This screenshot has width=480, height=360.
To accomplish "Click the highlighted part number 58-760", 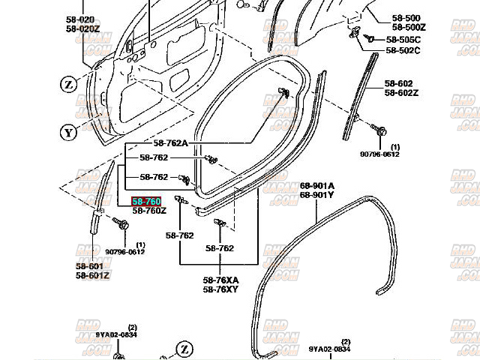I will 146,202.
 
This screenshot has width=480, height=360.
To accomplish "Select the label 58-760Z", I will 148,211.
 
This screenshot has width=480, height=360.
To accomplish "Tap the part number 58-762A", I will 170,143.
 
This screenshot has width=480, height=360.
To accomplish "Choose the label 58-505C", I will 403,40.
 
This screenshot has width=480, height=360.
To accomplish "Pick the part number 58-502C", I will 403,50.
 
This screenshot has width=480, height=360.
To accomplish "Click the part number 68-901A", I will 317,186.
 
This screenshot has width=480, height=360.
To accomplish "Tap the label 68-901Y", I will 317,195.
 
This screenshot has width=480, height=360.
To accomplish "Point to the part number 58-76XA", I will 220,280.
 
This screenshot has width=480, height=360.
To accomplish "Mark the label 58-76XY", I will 220,289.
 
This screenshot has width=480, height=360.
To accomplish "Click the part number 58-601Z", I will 92,275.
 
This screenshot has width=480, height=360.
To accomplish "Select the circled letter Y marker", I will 69,133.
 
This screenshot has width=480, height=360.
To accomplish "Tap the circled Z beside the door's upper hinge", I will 69,85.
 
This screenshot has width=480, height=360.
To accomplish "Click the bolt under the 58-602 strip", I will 381,132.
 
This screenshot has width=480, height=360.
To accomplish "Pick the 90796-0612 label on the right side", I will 379,154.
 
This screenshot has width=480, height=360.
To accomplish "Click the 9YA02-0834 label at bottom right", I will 329,349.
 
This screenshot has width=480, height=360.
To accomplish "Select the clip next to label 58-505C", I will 369,38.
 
